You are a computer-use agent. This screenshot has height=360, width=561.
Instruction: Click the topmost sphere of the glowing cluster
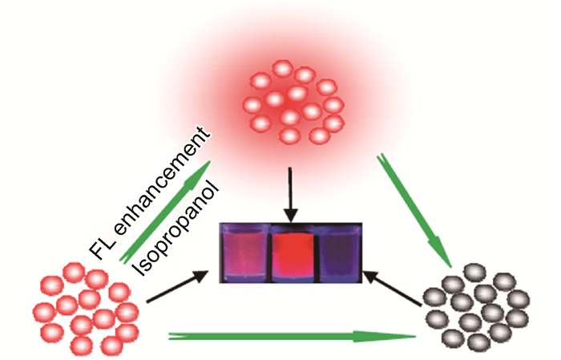click(282, 69)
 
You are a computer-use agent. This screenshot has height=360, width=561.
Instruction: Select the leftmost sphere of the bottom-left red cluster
click(41, 308)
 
